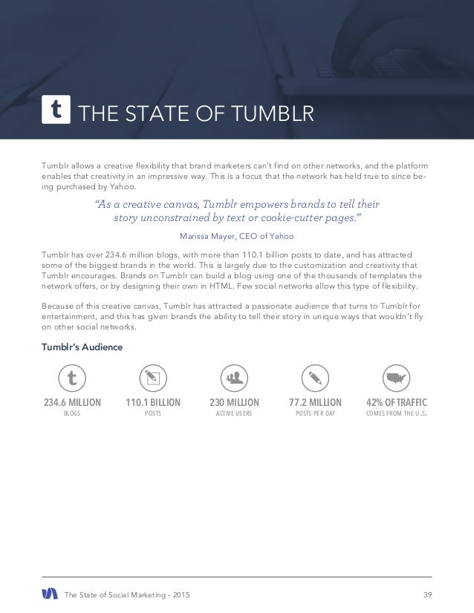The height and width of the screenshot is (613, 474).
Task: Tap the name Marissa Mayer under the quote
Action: pos(203,237)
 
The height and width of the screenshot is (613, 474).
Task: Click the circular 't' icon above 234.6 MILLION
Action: pos(72,378)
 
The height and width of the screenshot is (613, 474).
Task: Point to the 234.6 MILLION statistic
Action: pos(72,404)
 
